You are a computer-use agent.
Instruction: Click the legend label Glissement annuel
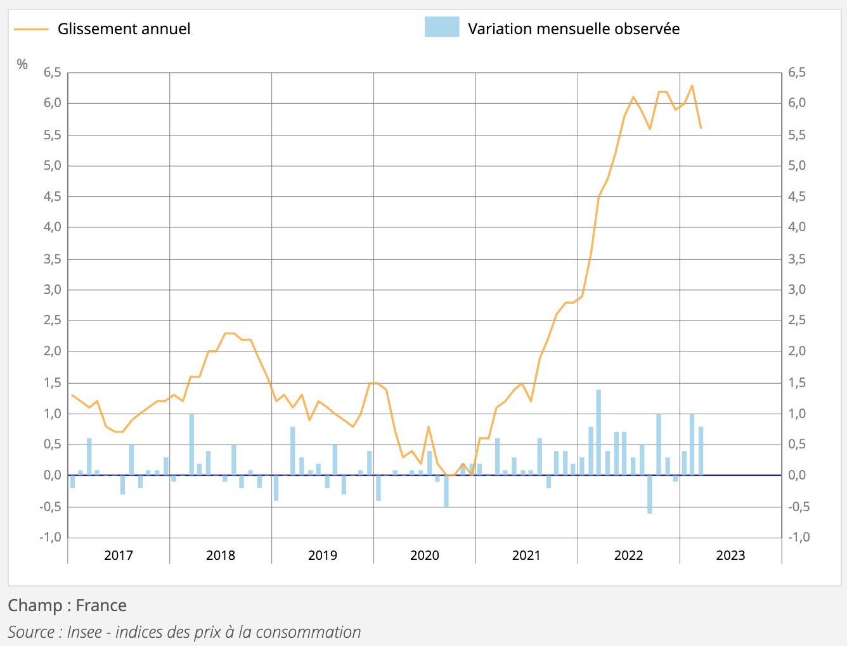124,29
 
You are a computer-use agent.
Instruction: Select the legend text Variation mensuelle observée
573,29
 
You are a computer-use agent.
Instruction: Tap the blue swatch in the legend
441,27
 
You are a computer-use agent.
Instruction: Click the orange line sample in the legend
31,29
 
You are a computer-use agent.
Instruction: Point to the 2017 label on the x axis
119,555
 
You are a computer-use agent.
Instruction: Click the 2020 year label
424,555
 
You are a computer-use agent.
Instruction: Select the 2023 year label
730,555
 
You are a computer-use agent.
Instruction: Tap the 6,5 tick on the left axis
52,73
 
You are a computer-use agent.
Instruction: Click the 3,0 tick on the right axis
797,289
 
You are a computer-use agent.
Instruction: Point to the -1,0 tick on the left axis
50,537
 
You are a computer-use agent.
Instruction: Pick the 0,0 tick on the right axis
797,475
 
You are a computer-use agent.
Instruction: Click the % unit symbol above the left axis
22,65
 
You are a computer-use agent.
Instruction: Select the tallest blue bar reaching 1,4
598,433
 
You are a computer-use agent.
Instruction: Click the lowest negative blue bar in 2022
650,494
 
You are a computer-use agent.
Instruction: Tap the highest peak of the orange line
692,85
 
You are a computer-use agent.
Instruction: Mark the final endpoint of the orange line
701,128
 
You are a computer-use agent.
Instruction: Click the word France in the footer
101,605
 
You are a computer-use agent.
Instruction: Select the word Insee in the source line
84,632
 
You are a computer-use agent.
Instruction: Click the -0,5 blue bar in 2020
446,491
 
